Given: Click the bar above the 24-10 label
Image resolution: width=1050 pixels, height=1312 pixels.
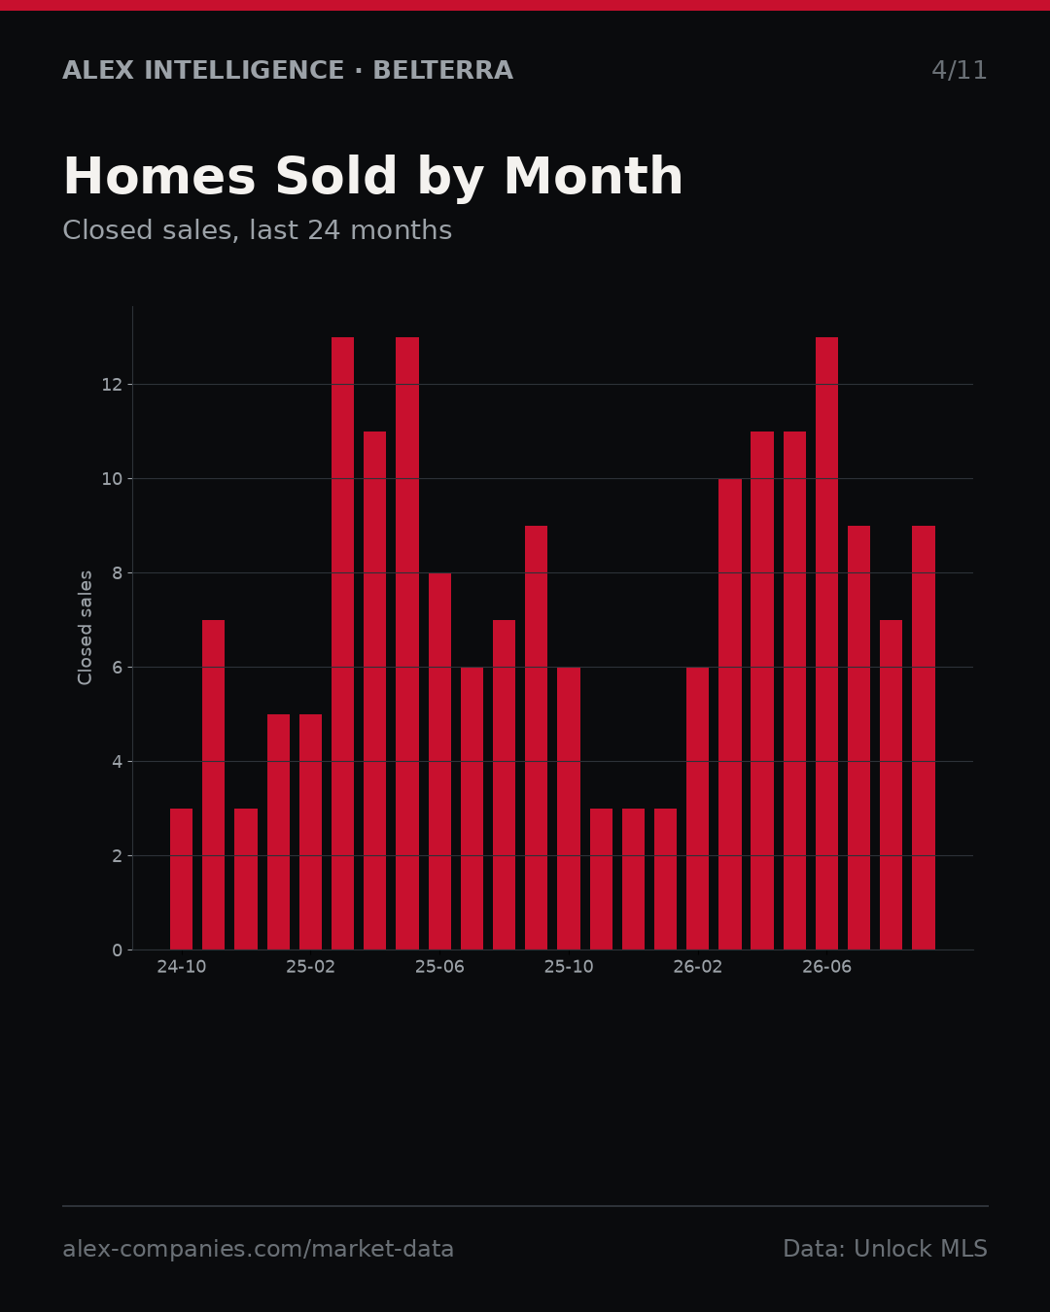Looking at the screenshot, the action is (181, 879).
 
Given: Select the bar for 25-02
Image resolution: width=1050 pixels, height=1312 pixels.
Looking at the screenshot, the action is (310, 832).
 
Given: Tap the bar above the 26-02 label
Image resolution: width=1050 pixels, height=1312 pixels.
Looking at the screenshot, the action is (697, 808).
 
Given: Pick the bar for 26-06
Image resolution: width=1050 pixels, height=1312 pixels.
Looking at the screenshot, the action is (826, 643).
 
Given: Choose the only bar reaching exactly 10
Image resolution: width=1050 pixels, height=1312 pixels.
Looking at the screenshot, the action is (730, 714).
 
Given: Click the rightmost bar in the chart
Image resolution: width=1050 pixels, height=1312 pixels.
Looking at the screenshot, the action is (923, 737).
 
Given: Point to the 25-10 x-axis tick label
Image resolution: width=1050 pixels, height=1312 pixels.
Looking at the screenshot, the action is (569, 967).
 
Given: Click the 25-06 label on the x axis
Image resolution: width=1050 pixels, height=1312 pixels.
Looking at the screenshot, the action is (439, 967).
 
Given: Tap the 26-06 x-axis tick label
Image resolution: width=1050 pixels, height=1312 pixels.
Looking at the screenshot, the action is (826, 967).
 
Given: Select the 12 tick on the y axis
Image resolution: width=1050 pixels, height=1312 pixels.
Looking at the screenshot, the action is (112, 385).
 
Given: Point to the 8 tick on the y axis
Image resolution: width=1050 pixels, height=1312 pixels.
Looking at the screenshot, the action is (117, 573).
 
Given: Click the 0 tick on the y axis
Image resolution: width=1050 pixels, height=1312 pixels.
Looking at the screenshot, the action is (117, 949).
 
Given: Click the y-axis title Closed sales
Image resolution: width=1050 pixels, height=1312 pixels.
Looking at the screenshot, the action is (85, 628).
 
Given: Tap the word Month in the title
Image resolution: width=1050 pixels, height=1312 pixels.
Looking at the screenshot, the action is (593, 176).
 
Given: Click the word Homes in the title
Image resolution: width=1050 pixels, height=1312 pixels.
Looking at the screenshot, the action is (159, 176).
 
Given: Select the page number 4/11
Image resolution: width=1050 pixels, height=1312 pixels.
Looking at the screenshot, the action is (959, 70).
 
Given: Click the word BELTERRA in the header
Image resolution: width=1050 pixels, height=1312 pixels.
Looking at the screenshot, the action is (443, 70).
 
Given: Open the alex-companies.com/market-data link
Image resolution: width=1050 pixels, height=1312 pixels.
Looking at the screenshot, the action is (258, 1249).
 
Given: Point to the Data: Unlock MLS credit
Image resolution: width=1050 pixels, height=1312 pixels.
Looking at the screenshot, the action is (886, 1249).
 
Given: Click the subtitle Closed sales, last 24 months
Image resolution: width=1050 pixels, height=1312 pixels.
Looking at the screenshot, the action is (258, 230).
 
